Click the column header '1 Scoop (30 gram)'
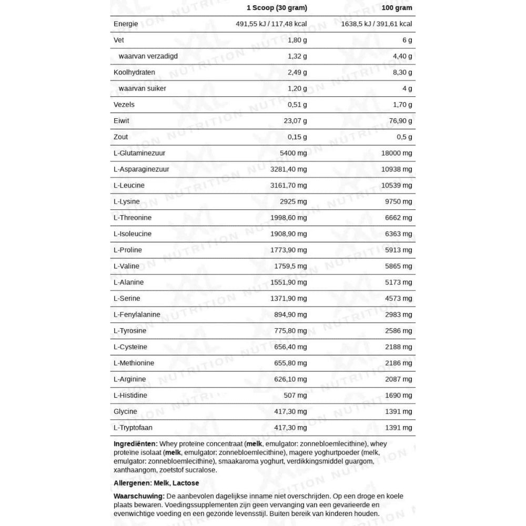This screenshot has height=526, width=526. pos(277,8)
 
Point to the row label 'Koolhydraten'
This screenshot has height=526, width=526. pos(134,73)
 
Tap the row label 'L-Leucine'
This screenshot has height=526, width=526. pos(129,186)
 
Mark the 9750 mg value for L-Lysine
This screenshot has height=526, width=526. pos(398,201)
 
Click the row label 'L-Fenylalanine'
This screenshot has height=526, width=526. pos(137,315)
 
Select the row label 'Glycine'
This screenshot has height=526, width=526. pos(125,412)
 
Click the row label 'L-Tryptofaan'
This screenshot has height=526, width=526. pos(133,428)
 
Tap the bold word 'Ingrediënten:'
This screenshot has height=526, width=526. pos(135,444)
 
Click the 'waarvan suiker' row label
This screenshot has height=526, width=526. pos(143,88)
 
